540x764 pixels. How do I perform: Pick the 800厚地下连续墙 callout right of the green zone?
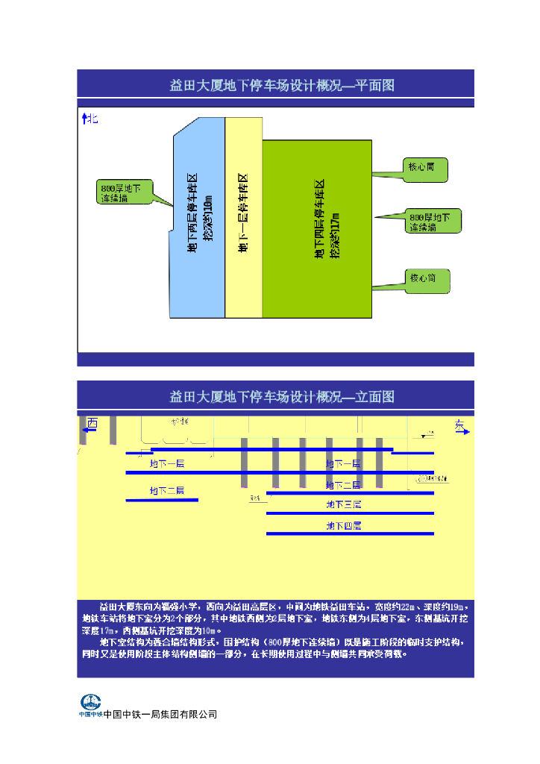pos(433,222)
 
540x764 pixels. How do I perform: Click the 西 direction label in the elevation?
pos(92,424)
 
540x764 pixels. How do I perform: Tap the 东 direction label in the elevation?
pos(459,425)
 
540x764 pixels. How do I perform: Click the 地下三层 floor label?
pos(343,505)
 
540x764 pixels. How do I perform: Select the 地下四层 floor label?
pos(343,526)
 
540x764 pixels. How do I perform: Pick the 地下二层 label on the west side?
pos(166,490)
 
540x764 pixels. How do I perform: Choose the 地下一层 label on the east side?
pos(343,463)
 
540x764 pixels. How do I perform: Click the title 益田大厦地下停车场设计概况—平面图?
pos(282,85)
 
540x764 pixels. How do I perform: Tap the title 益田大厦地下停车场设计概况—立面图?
pos(282,396)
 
